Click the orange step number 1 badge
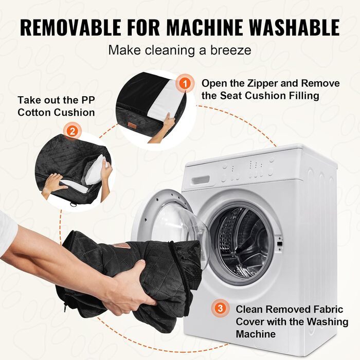(x=185, y=83)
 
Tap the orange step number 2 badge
(x=73, y=132)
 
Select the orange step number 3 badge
(x=220, y=308)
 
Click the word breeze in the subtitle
(x=231, y=50)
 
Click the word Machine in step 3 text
(x=256, y=334)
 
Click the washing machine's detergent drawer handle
(x=201, y=179)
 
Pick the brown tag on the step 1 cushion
(x=133, y=125)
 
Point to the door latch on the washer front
(x=279, y=244)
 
